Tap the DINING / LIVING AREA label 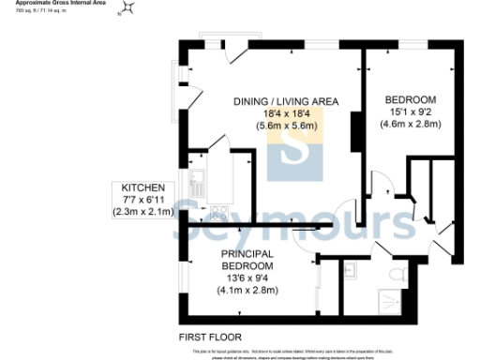click(285, 101)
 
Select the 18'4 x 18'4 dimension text click(285, 112)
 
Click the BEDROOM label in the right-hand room click(411, 100)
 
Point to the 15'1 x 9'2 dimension click(411, 112)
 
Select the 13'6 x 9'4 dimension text click(247, 278)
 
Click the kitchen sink click(198, 177)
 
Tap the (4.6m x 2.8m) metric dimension click(411, 124)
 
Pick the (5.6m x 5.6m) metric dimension click(285, 125)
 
